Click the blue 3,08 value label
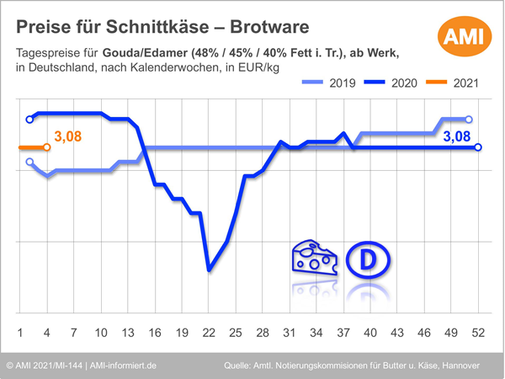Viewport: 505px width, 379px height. (x=456, y=136)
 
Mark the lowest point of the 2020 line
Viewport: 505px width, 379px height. (x=209, y=270)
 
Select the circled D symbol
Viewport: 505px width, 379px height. (x=367, y=259)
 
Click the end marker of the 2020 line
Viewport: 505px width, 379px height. (x=478, y=147)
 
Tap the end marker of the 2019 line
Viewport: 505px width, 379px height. (x=469, y=120)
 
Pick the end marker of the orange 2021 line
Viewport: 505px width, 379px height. (x=47, y=147)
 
